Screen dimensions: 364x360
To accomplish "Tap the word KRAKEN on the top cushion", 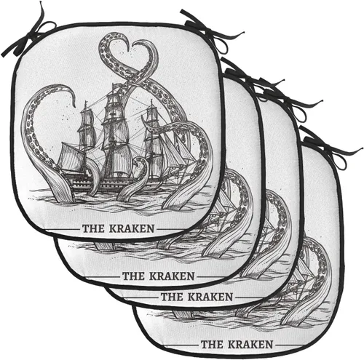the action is [x=132, y=228].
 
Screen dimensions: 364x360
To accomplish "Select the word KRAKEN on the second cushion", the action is [x=172, y=276].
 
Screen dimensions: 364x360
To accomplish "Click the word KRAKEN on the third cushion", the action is [x=210, y=297].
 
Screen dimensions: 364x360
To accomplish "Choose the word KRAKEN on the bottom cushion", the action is [x=250, y=344].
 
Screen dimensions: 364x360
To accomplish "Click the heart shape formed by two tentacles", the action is [x=128, y=58].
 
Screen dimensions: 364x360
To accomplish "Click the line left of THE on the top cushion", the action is [x=62, y=229].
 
